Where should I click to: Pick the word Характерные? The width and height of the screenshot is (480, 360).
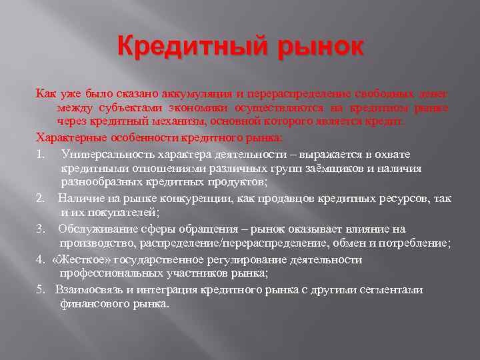point(67,138)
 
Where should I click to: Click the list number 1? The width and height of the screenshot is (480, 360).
point(40,154)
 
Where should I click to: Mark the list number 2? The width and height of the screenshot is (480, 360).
point(40,197)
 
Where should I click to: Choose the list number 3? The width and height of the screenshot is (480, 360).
point(40,229)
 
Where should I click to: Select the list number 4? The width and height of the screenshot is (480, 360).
point(40,259)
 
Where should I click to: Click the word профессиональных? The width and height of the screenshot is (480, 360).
point(127,273)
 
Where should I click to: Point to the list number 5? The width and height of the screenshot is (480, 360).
point(40,289)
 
